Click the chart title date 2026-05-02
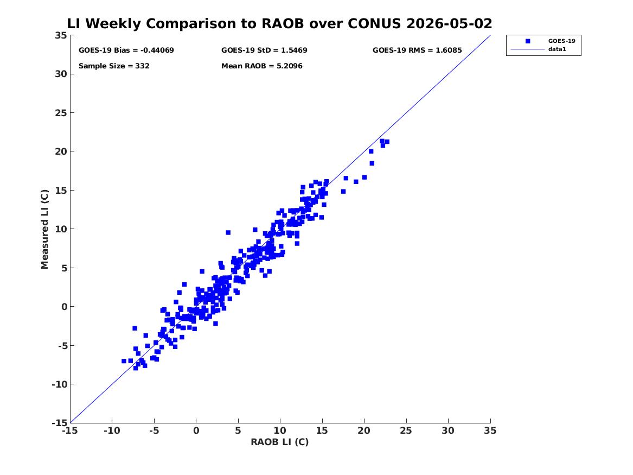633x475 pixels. coord(449,23)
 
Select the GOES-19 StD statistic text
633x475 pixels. coord(264,50)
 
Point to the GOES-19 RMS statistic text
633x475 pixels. coord(417,50)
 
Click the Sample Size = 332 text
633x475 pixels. coord(114,66)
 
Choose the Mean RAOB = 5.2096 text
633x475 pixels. coord(262,66)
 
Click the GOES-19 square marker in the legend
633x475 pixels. coord(528,41)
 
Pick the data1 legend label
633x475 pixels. coord(557,49)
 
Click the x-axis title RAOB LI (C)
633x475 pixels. coord(280,442)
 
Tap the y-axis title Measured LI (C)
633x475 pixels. coord(44,229)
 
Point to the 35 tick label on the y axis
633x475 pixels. coord(61,35)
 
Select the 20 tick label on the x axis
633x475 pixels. coord(364,431)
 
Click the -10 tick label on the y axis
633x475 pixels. coord(59,384)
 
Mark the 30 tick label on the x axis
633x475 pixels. coord(448,431)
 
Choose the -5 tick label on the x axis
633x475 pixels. coord(154,431)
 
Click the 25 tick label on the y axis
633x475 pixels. coord(61,113)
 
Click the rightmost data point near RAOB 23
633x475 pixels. coord(387,142)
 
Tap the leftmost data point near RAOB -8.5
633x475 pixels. coord(124,361)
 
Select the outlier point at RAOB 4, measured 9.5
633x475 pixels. coord(228,233)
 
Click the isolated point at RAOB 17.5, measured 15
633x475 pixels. coord(343,192)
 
